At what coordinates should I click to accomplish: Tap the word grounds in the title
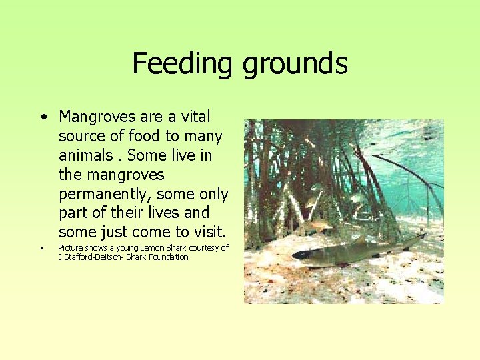295,64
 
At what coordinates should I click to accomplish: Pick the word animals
86,155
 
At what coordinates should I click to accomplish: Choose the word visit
207,232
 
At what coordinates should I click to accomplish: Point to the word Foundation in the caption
168,257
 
